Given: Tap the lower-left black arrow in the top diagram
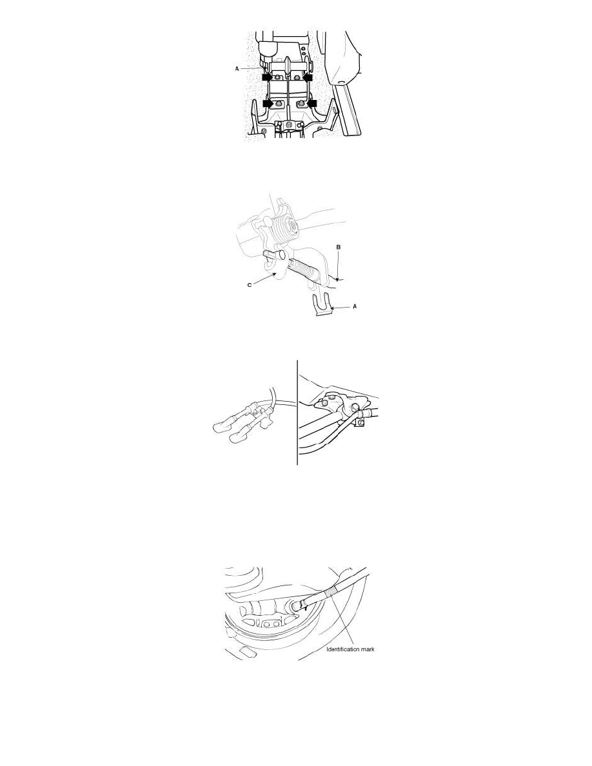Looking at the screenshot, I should (x=267, y=103).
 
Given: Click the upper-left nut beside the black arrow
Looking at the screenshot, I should (x=278, y=79).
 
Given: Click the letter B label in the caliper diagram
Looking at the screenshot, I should (x=338, y=247).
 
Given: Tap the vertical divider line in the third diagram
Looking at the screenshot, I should (x=297, y=413).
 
